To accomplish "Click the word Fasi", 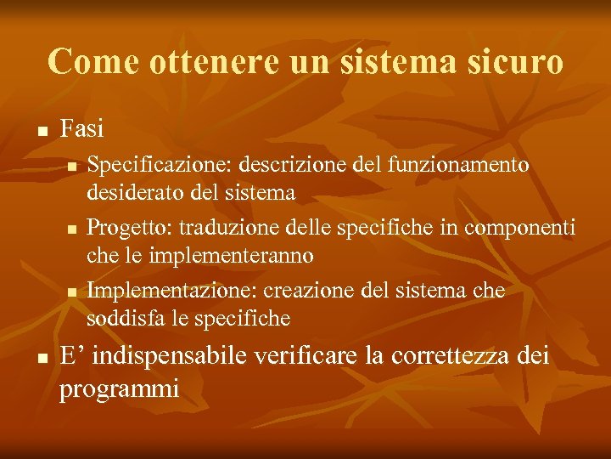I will (x=82, y=129).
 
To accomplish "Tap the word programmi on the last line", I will (x=119, y=389).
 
